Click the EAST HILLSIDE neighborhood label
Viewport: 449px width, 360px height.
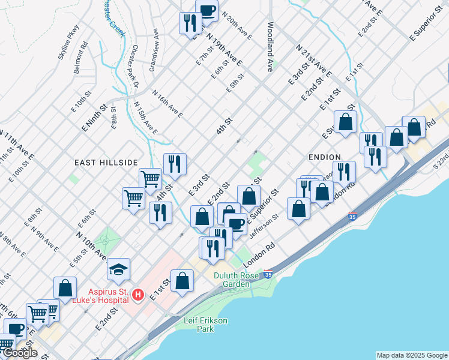point(106,163)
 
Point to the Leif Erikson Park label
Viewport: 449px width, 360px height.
point(205,325)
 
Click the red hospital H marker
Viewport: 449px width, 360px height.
point(138,295)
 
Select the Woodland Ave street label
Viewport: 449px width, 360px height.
point(271,47)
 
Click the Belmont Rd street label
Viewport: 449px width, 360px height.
point(81,58)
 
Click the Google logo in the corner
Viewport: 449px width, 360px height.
point(20,353)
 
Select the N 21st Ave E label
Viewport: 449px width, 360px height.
point(313,60)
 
